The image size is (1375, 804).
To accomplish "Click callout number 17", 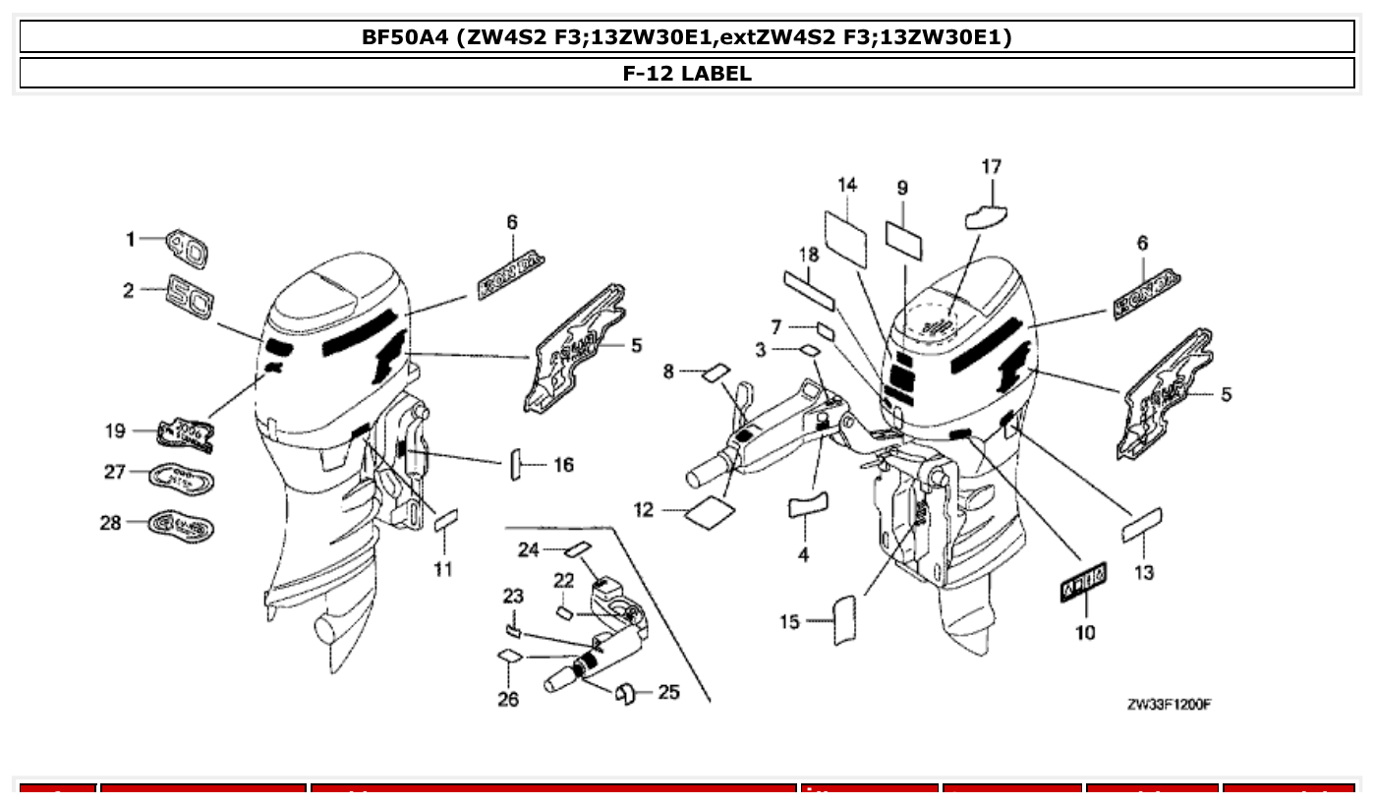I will (x=991, y=167).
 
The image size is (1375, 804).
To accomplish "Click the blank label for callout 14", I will (x=846, y=237).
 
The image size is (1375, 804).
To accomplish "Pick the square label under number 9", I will (x=904, y=239).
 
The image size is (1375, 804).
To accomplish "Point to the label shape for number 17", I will (x=986, y=214).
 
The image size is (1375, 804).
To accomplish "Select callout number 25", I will (x=668, y=693).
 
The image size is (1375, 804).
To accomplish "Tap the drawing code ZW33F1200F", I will (x=1169, y=705).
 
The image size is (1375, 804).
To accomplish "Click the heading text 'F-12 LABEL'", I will (x=687, y=73).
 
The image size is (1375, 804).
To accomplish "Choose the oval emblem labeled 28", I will (x=181, y=526).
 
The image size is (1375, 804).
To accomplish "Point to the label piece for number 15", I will (x=844, y=620).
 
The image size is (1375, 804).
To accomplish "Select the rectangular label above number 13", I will (x=1141, y=524).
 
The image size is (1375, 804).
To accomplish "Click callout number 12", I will (x=644, y=509).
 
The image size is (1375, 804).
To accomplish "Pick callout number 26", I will (x=507, y=699).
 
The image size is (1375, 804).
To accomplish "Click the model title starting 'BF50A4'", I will (x=687, y=38).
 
